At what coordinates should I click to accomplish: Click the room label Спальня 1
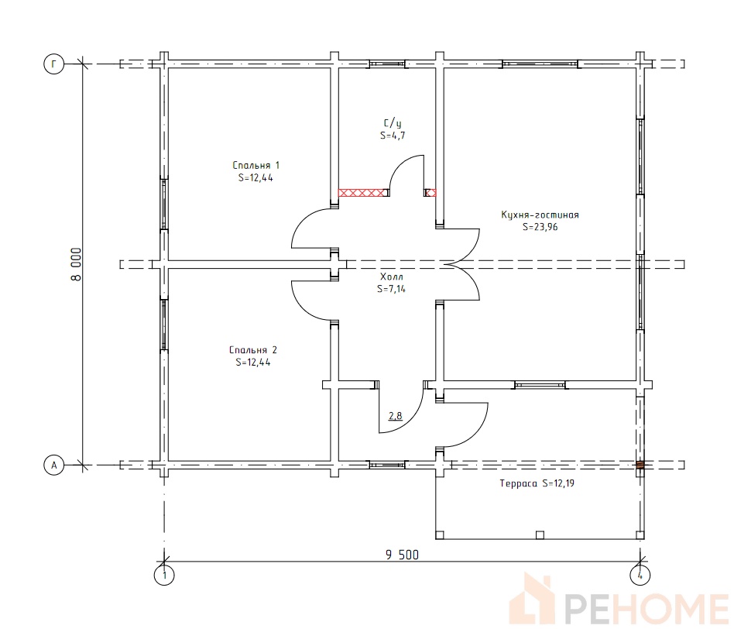coord(256,165)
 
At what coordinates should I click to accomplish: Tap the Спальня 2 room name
coord(252,350)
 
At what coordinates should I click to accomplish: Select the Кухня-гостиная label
coord(540,215)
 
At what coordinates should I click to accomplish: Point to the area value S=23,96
coord(540,227)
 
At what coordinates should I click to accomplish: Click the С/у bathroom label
coord(393,123)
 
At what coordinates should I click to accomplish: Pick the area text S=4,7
coord(393,136)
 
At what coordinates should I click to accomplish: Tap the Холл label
coord(391,277)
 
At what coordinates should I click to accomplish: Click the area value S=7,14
coord(391,289)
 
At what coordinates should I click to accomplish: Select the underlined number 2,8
coord(395,415)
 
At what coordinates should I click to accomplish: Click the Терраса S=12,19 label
coord(537,483)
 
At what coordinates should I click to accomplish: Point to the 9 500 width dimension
coord(402,555)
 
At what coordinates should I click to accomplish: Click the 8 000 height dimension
coord(76,265)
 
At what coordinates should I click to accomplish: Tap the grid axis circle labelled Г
coord(54,64)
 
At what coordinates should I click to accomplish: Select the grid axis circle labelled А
coord(54,466)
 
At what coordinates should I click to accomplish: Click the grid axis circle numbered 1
coord(164,575)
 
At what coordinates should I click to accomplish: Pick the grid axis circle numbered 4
coord(640,575)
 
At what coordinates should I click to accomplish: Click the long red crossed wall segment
coord(363,192)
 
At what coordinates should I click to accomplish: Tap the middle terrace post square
coord(540,534)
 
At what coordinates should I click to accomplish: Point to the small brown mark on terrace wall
coord(640,465)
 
